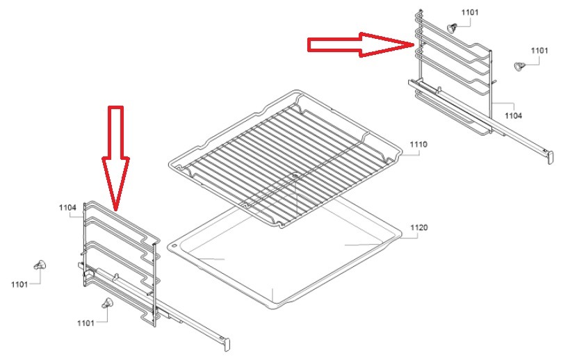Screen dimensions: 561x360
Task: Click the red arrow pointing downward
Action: [115, 158]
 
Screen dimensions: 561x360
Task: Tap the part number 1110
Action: [418, 145]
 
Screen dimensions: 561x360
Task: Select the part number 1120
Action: [419, 227]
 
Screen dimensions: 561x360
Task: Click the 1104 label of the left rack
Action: [67, 208]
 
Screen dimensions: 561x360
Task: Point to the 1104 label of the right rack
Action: [513, 115]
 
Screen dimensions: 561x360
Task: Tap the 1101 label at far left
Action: [19, 284]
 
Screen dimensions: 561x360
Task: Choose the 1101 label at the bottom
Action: [86, 323]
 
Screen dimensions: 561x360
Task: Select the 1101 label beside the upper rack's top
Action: [469, 13]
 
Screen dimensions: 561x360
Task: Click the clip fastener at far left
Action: [40, 265]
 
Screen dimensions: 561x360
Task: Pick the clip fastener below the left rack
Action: [106, 303]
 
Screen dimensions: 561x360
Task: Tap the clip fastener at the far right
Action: [519, 66]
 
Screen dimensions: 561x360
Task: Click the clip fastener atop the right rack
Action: [453, 27]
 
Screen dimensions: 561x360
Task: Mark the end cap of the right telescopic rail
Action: [551, 158]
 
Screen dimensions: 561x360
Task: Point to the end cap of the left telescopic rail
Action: [226, 345]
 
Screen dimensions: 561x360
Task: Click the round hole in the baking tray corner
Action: [174, 246]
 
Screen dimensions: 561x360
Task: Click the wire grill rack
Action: [285, 158]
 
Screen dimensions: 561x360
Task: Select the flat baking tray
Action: [284, 258]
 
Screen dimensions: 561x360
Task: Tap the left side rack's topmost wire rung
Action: [122, 219]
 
